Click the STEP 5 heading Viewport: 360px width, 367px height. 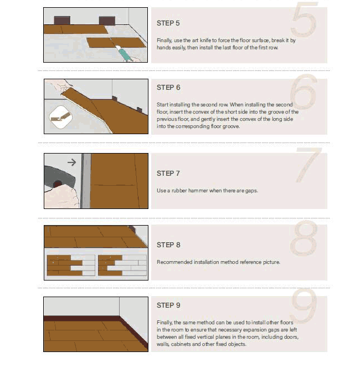[168, 23]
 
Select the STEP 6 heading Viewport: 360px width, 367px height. [168, 88]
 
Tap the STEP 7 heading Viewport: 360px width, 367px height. [168, 174]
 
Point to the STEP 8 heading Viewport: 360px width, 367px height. [168, 245]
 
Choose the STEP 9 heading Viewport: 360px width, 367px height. [168, 305]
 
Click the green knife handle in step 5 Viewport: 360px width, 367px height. [125, 54]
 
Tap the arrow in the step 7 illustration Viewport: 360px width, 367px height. [72, 162]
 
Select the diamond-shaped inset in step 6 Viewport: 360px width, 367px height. [61, 117]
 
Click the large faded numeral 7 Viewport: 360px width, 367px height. [308, 165]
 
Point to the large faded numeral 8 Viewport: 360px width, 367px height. [304, 238]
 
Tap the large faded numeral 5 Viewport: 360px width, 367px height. [304, 19]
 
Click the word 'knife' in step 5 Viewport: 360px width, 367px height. [205, 40]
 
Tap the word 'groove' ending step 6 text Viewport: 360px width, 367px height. [231, 126]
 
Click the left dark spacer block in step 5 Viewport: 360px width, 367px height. [62, 21]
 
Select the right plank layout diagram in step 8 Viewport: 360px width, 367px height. [122, 266]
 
